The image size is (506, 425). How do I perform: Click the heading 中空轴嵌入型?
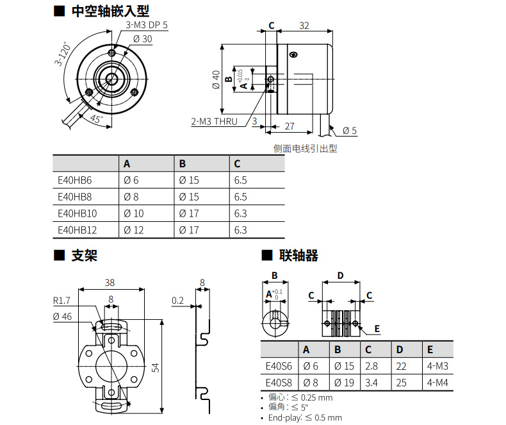pyautogui.click(x=110, y=12)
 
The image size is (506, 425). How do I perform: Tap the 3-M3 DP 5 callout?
pyautogui.click(x=147, y=25)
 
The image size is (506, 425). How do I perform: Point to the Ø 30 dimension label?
pyautogui.click(x=143, y=39)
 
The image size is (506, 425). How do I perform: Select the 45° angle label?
pyautogui.click(x=97, y=119)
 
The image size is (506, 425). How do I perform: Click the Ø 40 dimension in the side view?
pyautogui.click(x=216, y=79)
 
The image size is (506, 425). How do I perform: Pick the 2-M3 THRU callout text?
pyautogui.click(x=215, y=122)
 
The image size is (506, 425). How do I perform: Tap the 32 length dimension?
pyautogui.click(x=304, y=26)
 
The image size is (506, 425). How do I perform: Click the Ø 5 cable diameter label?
pyautogui.click(x=350, y=131)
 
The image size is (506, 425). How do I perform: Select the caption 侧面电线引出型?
pyautogui.click(x=306, y=149)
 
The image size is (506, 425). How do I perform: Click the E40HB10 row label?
pyautogui.click(x=77, y=213)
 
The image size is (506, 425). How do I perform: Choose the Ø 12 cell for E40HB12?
pyautogui.click(x=134, y=230)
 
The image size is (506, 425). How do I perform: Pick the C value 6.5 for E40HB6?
pyautogui.click(x=240, y=180)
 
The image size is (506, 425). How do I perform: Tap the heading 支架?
pyautogui.click(x=85, y=256)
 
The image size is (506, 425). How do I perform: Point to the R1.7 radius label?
pyautogui.click(x=61, y=301)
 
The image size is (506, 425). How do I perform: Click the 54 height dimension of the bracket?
pyautogui.click(x=156, y=367)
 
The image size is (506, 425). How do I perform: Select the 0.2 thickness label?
pyautogui.click(x=177, y=301)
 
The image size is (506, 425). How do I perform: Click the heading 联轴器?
pyautogui.click(x=299, y=256)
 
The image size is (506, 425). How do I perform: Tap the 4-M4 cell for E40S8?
pyautogui.click(x=437, y=383)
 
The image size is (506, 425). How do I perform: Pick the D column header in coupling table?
pyautogui.click(x=400, y=349)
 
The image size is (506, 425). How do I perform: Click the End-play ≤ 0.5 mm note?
pyautogui.click(x=305, y=417)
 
